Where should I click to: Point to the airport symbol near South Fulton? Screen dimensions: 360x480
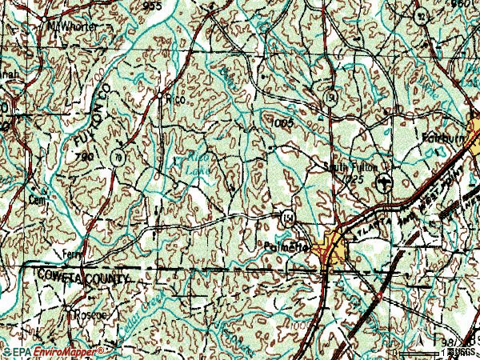386,181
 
